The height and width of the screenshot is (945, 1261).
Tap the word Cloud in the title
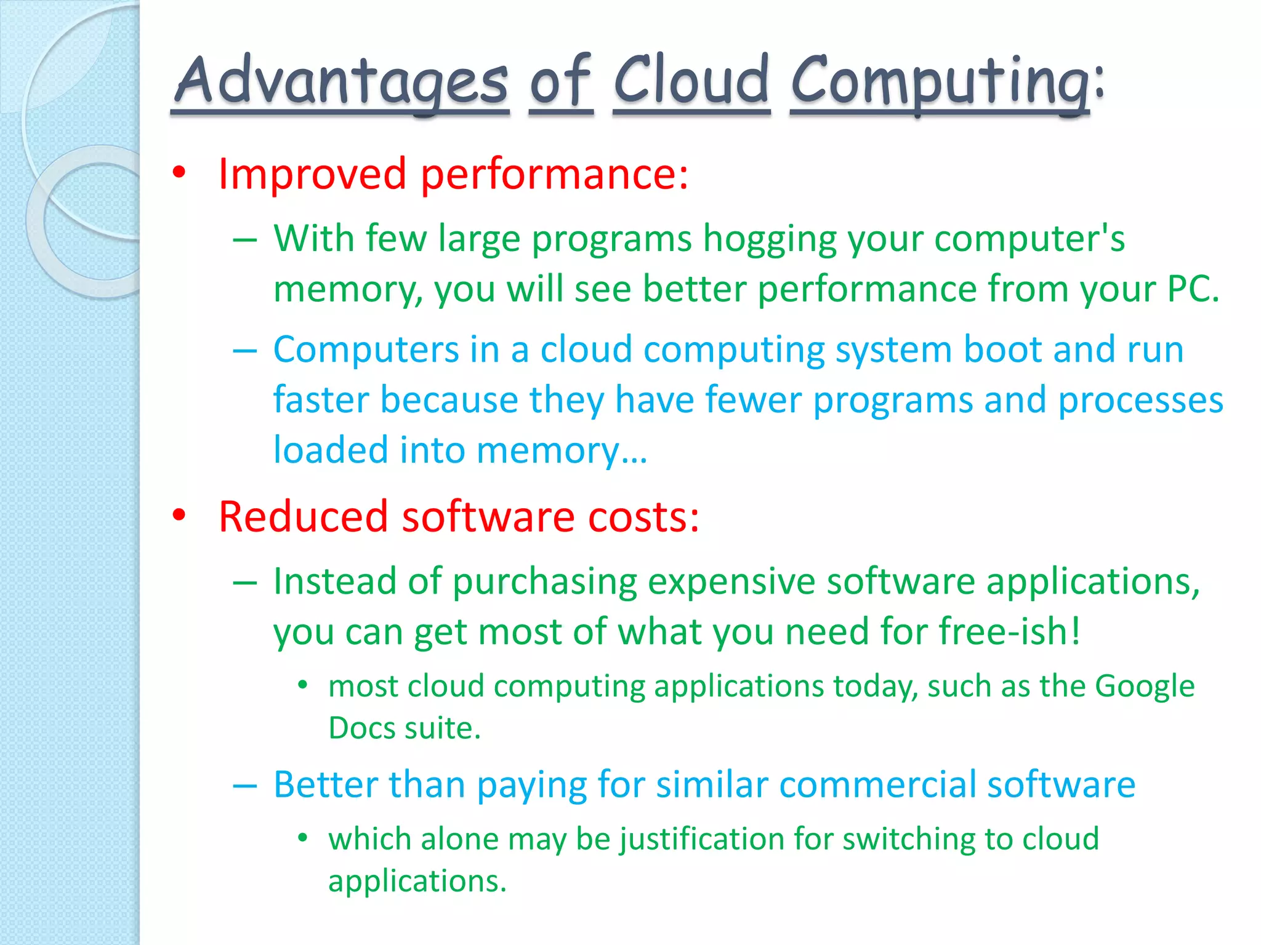point(691,80)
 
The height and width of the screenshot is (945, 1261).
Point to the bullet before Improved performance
point(179,173)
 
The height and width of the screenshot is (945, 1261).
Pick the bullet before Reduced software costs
point(179,516)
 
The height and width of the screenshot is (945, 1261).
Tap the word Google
point(1145,686)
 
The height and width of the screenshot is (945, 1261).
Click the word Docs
point(361,728)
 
